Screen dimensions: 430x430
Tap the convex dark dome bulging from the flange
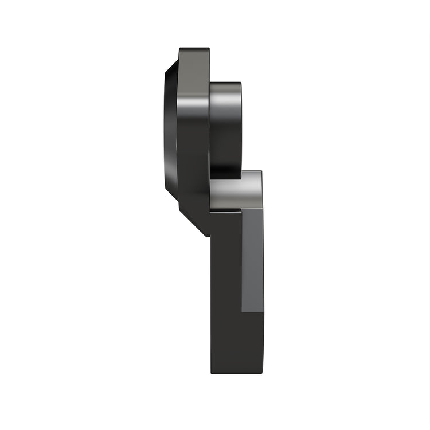click(x=170, y=132)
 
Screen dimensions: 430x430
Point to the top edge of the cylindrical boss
click(x=225, y=84)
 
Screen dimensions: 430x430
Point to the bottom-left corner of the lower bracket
click(x=212, y=373)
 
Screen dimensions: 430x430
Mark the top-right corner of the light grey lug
click(x=261, y=171)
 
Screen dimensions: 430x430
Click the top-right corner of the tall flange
click(x=209, y=49)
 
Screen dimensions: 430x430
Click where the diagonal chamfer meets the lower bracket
click(x=210, y=235)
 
